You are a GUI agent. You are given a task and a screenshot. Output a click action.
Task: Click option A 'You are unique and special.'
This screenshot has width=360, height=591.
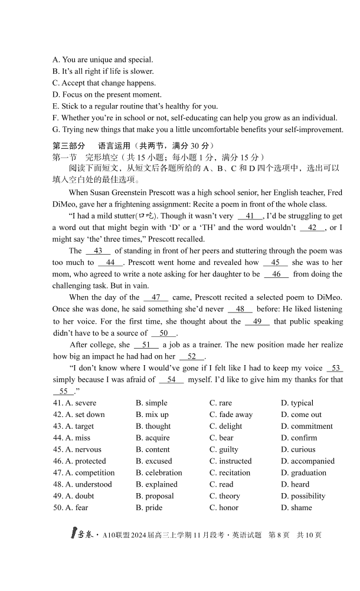(103, 60)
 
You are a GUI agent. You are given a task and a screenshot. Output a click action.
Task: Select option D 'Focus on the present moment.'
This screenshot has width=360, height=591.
(107, 94)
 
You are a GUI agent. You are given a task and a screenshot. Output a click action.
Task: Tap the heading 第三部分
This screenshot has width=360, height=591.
(68, 145)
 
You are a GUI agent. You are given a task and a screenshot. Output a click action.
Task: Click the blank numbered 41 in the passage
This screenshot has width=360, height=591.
(250, 216)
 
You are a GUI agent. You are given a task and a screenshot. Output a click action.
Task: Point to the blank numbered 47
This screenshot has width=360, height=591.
(156, 297)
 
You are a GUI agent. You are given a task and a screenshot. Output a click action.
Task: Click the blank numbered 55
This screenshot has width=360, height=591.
(63, 392)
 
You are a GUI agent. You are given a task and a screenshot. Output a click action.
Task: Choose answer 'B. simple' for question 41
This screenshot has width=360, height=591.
(152, 403)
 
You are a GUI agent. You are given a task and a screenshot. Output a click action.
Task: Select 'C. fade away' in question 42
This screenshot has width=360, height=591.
(231, 415)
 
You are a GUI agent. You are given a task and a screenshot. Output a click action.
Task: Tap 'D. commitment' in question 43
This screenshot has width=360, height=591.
(307, 426)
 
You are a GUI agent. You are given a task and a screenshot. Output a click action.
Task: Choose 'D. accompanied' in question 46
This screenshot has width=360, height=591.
(307, 461)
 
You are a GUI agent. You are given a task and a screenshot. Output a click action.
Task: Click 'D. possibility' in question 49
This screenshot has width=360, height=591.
(303, 496)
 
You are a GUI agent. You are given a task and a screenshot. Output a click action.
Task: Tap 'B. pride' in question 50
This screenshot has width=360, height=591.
(149, 507)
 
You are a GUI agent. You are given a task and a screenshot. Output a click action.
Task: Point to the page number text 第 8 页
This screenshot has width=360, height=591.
(279, 535)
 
